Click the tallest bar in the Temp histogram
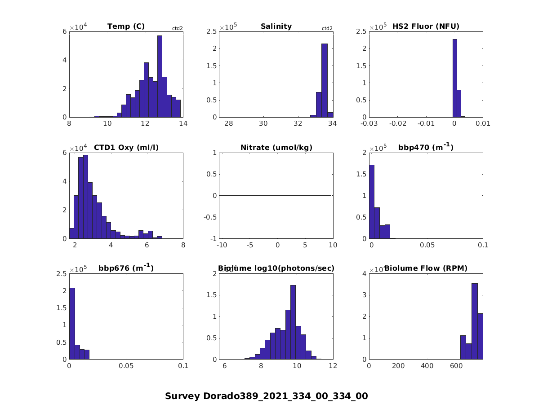160,76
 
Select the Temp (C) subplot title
126,26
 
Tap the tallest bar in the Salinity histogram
324,81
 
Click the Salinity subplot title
276,26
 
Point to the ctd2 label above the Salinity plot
327,29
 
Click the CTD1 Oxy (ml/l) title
126,148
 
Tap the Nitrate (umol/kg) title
276,148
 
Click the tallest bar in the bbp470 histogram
372,202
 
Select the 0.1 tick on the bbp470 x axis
483,245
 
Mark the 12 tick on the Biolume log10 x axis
333,366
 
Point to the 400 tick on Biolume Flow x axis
427,366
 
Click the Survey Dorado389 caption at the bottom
266,396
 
